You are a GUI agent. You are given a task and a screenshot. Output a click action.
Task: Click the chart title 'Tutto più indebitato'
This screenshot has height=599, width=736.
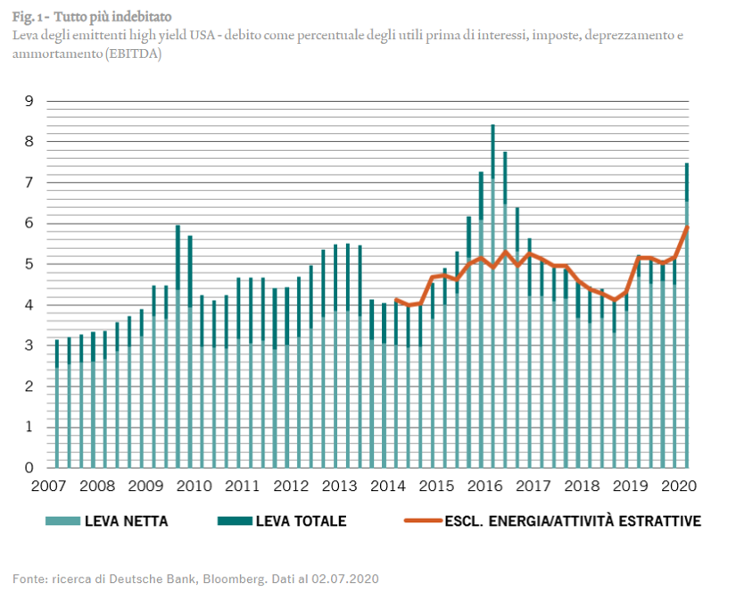pos(112,16)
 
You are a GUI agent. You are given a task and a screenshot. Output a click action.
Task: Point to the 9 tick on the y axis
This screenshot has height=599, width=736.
pos(29,101)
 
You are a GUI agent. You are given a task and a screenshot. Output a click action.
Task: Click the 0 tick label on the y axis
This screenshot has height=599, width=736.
pos(29,467)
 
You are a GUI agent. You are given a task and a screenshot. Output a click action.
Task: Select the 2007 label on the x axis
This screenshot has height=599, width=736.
pos(48,487)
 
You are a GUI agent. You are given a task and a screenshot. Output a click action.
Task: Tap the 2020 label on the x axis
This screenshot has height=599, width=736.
pos(678,487)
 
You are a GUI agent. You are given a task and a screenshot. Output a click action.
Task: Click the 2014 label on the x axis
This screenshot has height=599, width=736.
pos(387,487)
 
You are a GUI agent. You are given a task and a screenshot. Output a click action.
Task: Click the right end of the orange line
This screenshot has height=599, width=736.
pos(687,227)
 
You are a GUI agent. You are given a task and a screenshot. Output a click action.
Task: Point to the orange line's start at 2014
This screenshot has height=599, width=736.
pos(396,300)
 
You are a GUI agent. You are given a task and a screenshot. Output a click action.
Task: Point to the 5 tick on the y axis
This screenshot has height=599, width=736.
pos(29,264)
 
